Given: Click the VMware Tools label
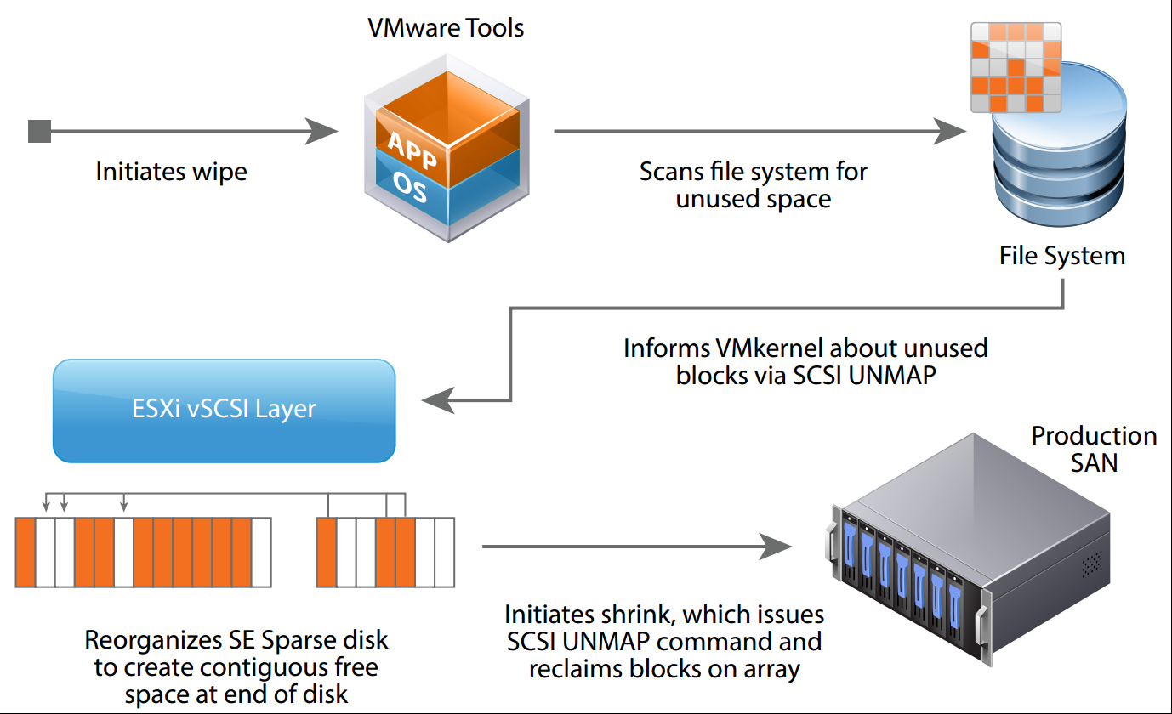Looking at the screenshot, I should coord(445,28).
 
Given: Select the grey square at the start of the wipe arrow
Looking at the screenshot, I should coord(39,132).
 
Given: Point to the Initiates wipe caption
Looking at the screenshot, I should coord(171,172).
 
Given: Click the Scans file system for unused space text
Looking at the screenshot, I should coord(753,185).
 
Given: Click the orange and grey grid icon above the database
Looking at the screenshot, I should coord(1017,65).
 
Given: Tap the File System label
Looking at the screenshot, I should coord(1061,256).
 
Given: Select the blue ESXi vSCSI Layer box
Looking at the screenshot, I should coord(224,410).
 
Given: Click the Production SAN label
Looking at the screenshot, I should coord(1094,449).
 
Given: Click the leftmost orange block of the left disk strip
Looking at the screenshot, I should coord(25,552).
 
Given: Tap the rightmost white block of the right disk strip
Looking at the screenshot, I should coord(445,552).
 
